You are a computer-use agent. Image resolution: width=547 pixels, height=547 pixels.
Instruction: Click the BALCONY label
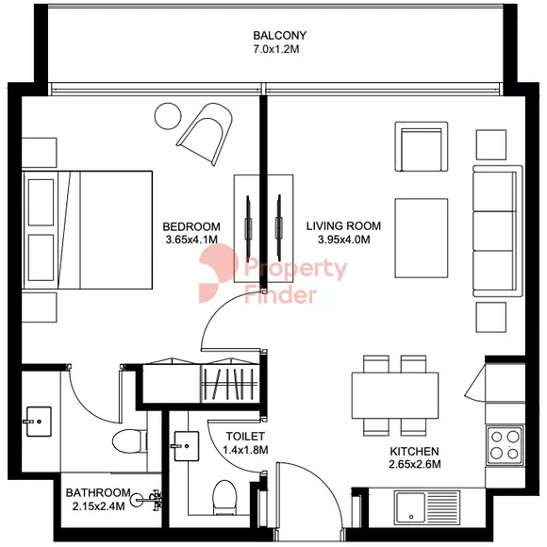[279, 35]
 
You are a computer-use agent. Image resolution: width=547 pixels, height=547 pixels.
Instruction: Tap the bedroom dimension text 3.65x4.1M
[191, 240]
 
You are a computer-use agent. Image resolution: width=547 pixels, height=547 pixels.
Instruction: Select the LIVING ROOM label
[343, 226]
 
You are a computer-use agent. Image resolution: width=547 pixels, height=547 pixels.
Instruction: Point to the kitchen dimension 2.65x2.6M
[414, 464]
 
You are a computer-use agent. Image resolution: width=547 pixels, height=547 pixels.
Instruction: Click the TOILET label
[245, 437]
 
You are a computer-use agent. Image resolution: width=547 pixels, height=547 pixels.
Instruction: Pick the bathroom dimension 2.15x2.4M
[98, 506]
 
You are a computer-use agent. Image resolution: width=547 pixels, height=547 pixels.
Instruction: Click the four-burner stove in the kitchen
[505, 445]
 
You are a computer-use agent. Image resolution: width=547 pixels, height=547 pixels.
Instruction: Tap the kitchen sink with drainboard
[427, 507]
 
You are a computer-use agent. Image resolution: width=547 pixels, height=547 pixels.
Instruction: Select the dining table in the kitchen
[395, 395]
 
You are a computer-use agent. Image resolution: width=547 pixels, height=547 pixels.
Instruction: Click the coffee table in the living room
[422, 239]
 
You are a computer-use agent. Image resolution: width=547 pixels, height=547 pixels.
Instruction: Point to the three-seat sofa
[498, 231]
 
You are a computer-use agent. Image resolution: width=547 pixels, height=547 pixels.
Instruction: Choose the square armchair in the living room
[422, 146]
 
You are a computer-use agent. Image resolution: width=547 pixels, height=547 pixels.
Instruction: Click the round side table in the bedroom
[168, 116]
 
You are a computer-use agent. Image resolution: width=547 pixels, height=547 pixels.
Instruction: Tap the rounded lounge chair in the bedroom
[206, 133]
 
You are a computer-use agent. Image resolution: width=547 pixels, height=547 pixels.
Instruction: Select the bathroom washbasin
[39, 422]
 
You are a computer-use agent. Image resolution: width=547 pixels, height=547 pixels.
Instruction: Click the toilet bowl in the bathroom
[130, 441]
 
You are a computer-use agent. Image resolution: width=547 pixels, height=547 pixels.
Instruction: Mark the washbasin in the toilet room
[186, 446]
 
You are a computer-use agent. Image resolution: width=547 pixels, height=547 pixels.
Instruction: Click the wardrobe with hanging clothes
[230, 383]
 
